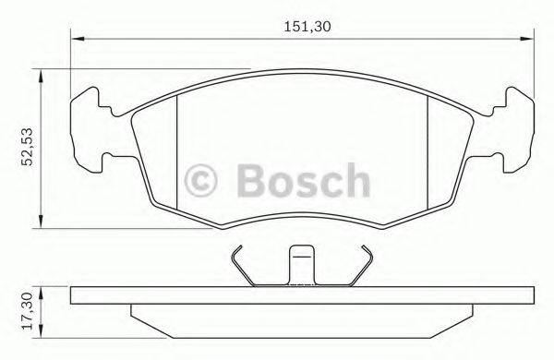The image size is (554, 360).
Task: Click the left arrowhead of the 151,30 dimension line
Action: (x=77, y=39)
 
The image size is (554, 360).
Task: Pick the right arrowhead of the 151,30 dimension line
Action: (x=527, y=39)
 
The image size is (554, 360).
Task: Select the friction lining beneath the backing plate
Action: (x=302, y=320)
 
